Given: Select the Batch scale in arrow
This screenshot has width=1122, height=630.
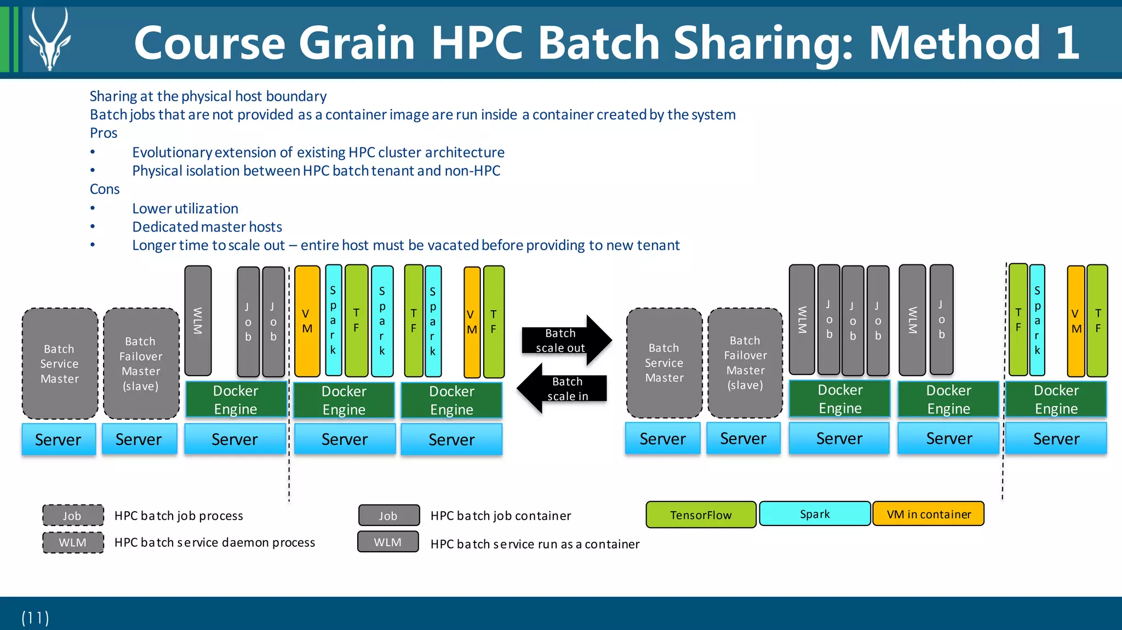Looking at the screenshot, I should [x=564, y=389].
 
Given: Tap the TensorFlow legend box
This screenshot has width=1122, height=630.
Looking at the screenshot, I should [x=701, y=515].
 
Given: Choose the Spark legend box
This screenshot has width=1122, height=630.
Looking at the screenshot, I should [x=815, y=514].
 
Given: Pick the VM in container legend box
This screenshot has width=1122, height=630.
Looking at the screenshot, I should [x=928, y=514].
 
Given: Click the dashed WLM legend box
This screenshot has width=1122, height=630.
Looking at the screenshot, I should [x=73, y=542].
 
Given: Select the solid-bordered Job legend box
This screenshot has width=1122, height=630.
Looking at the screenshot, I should [x=388, y=516].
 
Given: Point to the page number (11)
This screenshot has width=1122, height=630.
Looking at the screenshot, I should [x=36, y=617].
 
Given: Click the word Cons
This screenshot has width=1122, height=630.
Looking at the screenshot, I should [x=105, y=189].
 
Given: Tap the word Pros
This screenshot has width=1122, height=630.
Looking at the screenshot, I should [x=104, y=133].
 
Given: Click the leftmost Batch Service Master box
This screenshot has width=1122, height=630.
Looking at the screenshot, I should [x=60, y=363].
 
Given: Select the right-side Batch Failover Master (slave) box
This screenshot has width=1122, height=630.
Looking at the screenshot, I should [x=745, y=363].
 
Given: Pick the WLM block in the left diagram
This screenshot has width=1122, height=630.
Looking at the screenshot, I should [x=198, y=321].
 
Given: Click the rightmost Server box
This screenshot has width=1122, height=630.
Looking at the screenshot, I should [x=1056, y=438].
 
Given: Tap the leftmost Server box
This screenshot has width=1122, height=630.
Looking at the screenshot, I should [x=58, y=440].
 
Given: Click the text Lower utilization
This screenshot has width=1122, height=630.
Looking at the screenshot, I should [x=185, y=209].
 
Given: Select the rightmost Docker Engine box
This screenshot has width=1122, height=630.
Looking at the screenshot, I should [x=1056, y=400].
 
